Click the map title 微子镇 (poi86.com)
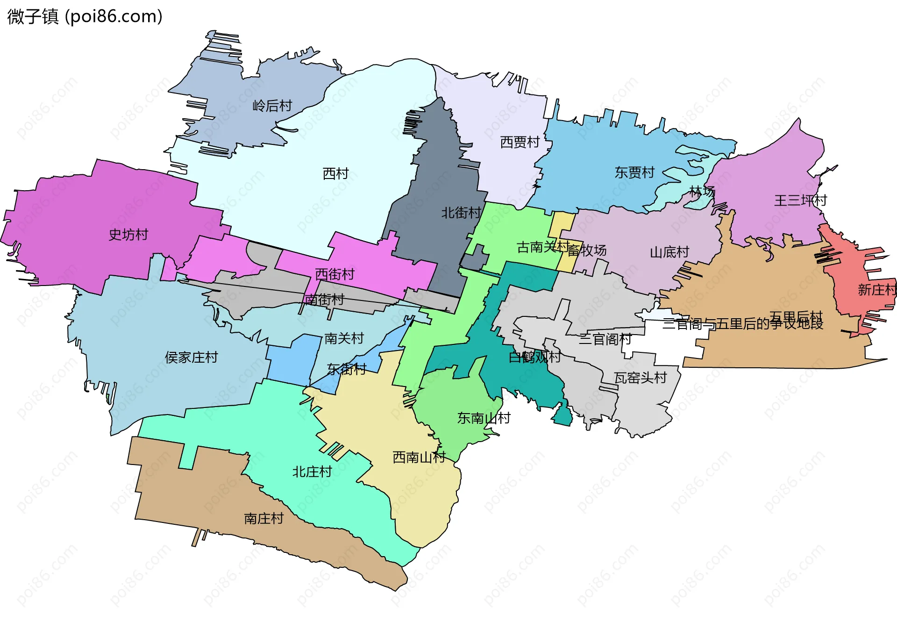point(85,16)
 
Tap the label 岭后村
point(272,106)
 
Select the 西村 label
point(335,173)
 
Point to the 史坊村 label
point(128,235)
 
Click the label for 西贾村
point(520,142)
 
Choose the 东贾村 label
point(634,172)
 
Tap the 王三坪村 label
point(800,200)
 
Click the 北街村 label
point(461,213)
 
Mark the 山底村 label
point(669,252)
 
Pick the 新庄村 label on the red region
point(876,290)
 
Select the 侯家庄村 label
point(191,357)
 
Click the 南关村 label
point(344,338)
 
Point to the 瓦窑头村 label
point(640,378)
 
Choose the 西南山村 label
point(419,457)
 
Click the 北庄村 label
point(312,472)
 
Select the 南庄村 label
point(263,518)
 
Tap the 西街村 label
point(335,274)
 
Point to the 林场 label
point(702,191)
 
